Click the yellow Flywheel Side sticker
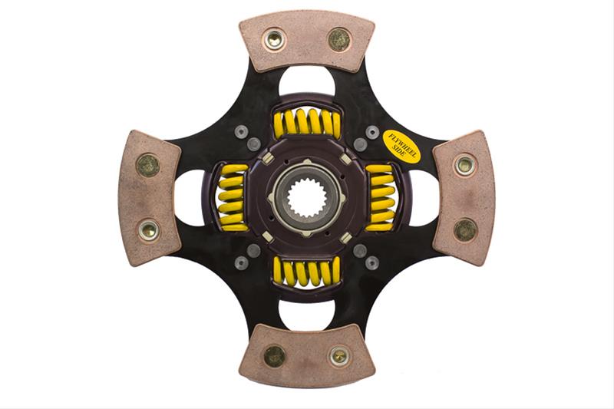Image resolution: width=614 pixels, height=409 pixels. point(401,146)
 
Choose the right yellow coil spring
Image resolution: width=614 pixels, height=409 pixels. point(381,197)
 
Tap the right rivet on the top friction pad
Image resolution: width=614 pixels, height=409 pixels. point(338,38)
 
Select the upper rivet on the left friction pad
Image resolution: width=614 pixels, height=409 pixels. point(147,164)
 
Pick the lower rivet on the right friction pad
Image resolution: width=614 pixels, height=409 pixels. point(465,229)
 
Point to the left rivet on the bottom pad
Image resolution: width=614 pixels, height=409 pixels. point(274,355)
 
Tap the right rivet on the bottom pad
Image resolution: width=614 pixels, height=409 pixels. point(338,356)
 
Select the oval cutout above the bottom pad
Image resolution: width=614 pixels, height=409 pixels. point(307,314)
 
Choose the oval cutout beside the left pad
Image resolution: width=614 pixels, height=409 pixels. point(190,197)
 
